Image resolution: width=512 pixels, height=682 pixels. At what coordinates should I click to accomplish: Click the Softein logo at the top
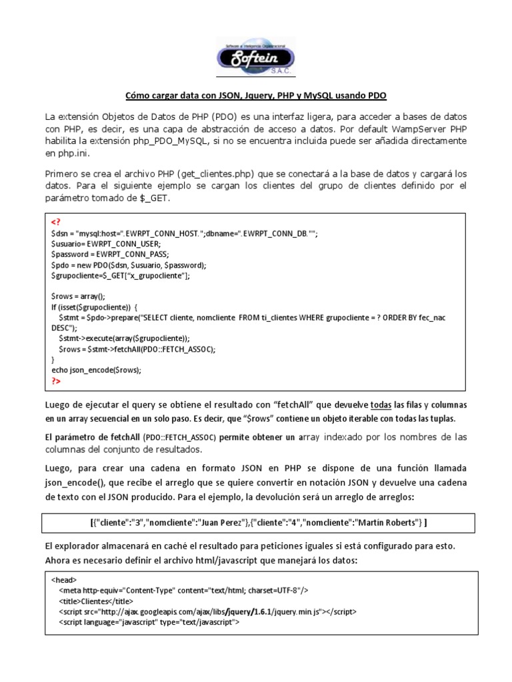[256, 56]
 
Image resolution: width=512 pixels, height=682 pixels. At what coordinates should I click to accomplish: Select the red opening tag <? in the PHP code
[56, 222]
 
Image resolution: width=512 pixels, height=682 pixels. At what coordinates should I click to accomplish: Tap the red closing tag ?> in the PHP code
[56, 381]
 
